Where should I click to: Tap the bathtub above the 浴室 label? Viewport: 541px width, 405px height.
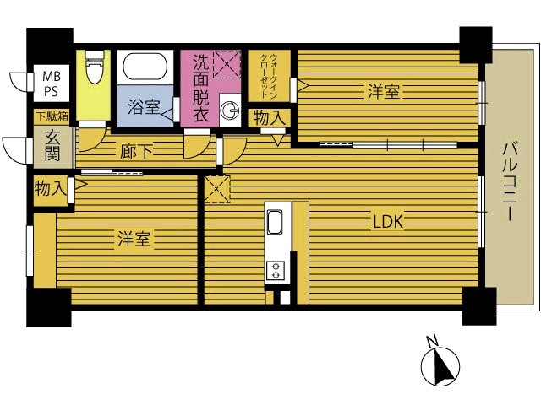tap(145, 66)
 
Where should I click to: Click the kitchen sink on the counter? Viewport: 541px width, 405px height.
tap(275, 222)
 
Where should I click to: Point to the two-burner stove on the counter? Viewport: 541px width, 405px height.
tap(276, 270)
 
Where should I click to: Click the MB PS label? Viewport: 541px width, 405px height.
tap(51, 84)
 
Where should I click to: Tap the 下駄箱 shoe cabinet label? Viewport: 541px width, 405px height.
tap(52, 117)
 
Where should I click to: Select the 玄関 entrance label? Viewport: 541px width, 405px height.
tap(52, 147)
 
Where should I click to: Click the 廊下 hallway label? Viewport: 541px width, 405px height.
tap(136, 151)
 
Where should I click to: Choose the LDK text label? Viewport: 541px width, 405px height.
tap(388, 222)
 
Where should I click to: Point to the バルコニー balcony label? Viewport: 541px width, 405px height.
tap(510, 181)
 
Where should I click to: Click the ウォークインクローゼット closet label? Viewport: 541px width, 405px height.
tap(269, 76)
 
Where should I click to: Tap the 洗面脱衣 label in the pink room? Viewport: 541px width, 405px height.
tap(201, 89)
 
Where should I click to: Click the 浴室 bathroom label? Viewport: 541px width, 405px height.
tap(144, 107)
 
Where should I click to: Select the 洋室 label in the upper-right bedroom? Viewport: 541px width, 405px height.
tap(383, 92)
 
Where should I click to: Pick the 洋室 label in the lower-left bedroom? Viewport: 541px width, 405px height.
tap(134, 239)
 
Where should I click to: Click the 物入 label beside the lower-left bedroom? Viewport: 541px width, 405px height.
tap(51, 189)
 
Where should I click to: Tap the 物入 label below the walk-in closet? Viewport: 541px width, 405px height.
tap(270, 118)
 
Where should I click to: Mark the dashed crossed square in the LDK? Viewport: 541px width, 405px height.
tap(217, 189)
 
